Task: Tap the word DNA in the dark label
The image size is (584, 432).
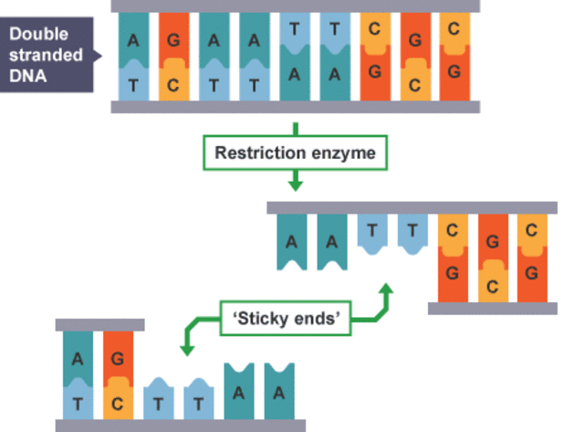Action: (29, 76)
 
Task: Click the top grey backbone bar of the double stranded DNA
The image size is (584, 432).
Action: (296, 5)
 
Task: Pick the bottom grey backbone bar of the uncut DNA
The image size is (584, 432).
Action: (296, 107)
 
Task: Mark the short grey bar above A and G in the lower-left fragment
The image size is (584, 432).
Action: (99, 324)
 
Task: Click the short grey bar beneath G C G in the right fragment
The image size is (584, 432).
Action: (492, 309)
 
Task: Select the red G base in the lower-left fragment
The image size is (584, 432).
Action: (118, 359)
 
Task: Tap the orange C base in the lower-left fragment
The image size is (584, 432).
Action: (118, 400)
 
